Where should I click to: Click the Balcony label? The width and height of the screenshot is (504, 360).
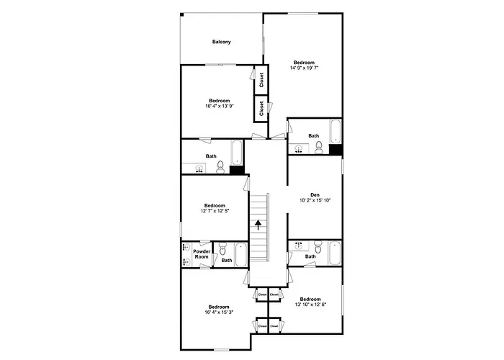(x=222, y=42)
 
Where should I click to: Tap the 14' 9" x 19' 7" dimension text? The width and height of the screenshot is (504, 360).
(x=304, y=68)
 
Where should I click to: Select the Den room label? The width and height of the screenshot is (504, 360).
(x=315, y=195)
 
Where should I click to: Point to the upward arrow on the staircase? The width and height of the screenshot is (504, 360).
(x=258, y=225)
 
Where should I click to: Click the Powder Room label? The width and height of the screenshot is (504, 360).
(x=202, y=254)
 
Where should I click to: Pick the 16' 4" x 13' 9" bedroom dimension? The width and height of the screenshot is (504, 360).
(x=219, y=106)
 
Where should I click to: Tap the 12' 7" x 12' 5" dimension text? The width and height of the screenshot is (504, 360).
(x=215, y=211)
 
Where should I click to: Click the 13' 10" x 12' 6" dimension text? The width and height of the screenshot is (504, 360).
(x=310, y=305)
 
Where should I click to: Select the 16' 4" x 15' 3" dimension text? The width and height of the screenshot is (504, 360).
(x=219, y=312)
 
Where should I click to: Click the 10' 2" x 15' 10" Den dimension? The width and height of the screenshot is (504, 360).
(x=315, y=200)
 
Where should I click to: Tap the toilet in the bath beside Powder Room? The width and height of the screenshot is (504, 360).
(x=222, y=248)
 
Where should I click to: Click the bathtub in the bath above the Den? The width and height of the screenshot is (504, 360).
(x=336, y=131)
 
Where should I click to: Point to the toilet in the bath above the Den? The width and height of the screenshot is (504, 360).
(x=319, y=148)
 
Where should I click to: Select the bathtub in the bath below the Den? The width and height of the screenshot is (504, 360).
(x=335, y=253)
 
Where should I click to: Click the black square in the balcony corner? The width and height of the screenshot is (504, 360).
(x=182, y=14)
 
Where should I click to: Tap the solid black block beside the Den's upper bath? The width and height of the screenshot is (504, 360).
(x=336, y=150)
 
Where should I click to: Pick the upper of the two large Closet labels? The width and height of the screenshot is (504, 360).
(x=261, y=80)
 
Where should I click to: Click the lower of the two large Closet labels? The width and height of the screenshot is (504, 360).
(x=261, y=109)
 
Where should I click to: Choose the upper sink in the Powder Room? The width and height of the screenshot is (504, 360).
(x=186, y=247)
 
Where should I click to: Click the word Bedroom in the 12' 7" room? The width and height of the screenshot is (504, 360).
(x=215, y=206)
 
